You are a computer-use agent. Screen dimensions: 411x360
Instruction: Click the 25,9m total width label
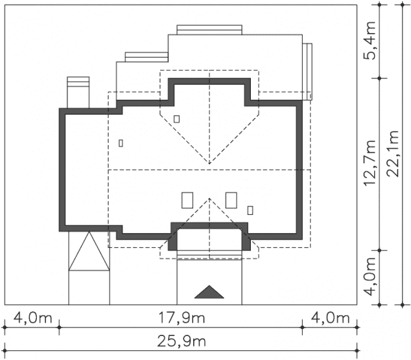click(182, 342)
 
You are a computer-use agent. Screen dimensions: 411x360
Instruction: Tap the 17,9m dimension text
click(182, 318)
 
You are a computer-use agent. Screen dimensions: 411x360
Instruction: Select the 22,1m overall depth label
click(393, 153)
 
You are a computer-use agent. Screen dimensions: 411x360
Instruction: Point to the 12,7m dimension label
click(370, 163)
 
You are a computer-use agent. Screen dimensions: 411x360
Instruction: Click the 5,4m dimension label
click(370, 41)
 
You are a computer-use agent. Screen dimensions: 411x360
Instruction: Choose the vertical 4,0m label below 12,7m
click(370, 276)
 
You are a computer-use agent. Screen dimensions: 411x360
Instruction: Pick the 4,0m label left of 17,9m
click(33, 318)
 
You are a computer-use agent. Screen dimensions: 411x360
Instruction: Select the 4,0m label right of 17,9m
click(330, 318)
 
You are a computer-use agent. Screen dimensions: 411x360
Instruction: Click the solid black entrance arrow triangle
click(209, 292)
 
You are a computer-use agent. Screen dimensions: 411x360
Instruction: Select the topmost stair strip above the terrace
click(209, 30)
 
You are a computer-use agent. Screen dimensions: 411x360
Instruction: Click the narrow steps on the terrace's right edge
click(307, 71)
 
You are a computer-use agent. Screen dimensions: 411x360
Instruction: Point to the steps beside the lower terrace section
click(147, 57)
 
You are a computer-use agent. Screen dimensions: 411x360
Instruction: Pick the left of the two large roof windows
click(187, 200)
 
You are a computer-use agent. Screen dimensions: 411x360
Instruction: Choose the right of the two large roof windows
click(231, 200)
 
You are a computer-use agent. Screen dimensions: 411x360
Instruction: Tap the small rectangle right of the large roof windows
click(250, 210)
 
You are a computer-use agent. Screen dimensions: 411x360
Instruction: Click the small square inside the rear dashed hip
click(177, 119)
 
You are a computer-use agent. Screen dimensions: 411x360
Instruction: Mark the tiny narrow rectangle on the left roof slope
click(121, 143)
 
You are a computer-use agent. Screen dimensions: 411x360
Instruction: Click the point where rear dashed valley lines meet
click(209, 164)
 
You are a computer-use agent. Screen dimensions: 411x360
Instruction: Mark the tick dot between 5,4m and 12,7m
click(379, 78)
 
